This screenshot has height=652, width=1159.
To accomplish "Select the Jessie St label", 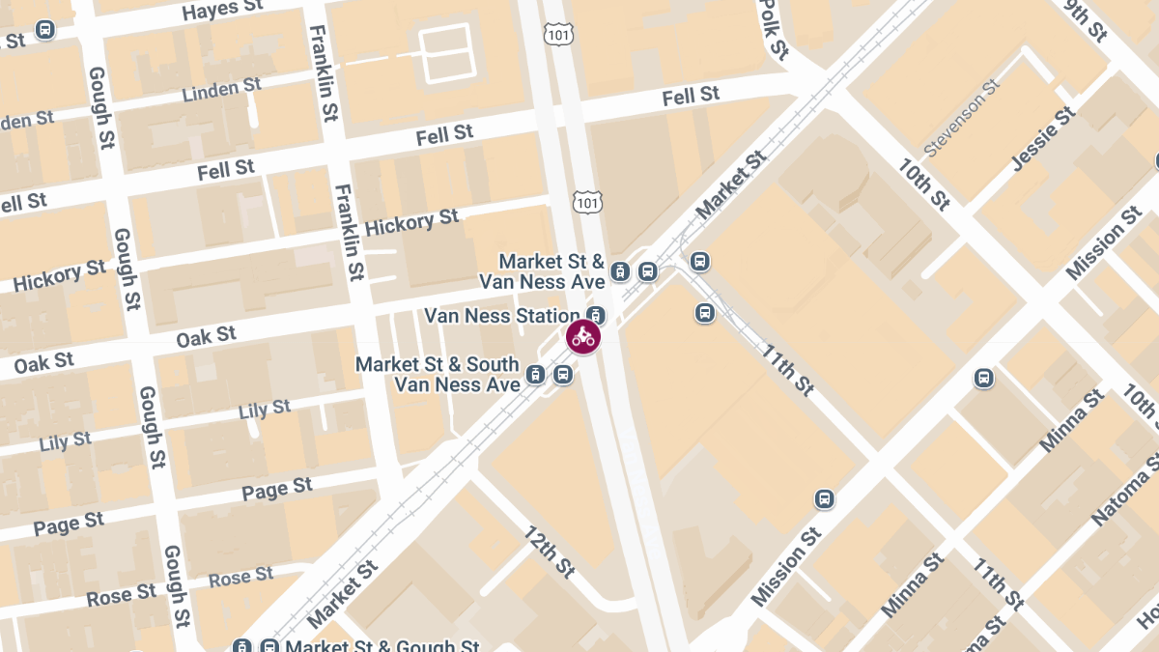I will (1044, 140).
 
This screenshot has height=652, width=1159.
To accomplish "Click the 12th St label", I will (550, 552).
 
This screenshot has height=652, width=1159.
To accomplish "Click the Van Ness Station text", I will (502, 316).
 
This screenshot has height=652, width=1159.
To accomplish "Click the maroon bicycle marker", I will (583, 337).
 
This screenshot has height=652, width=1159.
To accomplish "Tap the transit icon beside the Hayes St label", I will (44, 30).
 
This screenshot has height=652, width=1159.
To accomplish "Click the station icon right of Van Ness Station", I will (597, 315).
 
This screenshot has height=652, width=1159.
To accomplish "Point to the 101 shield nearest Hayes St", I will (558, 35).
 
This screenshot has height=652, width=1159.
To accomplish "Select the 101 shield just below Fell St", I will (586, 201).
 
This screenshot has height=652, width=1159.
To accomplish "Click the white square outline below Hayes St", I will (445, 52).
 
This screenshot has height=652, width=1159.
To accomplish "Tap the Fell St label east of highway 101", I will (691, 96).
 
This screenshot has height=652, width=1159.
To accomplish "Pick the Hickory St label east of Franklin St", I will (412, 223).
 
